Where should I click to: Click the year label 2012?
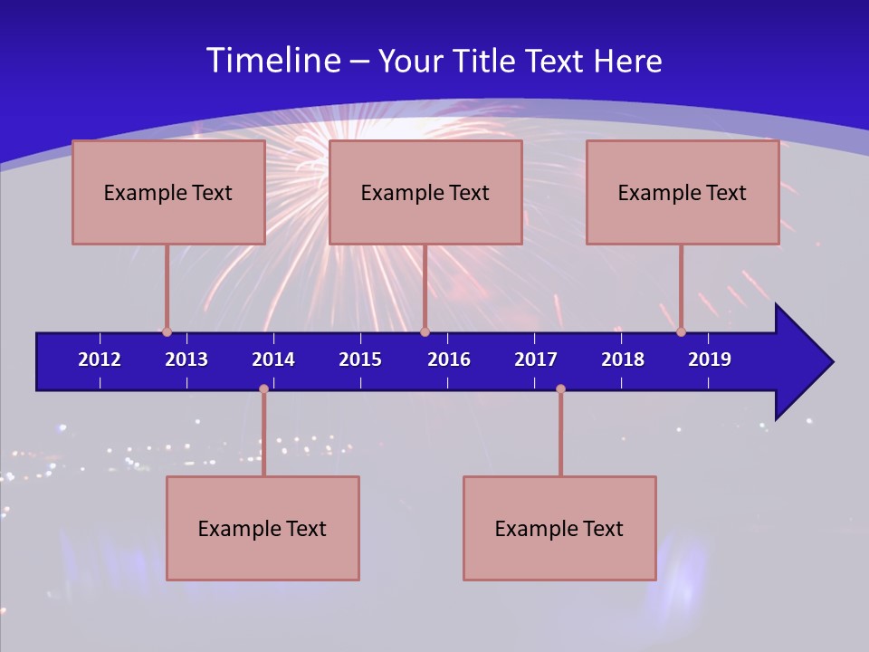100,360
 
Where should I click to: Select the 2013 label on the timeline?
186,360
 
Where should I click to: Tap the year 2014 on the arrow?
273,360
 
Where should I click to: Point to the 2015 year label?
360,360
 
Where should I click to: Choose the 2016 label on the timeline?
449,360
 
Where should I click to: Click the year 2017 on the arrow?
536,360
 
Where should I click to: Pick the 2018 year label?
623,360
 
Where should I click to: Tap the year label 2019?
710,360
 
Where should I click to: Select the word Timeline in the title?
274,61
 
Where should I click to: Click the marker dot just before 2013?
167,332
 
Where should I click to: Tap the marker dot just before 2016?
425,332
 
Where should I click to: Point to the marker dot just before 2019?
681,332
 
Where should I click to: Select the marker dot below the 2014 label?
263,388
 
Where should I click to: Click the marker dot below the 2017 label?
560,388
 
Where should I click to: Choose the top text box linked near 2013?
168,192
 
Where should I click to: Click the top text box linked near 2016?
425,192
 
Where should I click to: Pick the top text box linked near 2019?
683,192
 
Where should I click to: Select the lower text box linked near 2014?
263,528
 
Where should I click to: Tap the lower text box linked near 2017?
559,528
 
